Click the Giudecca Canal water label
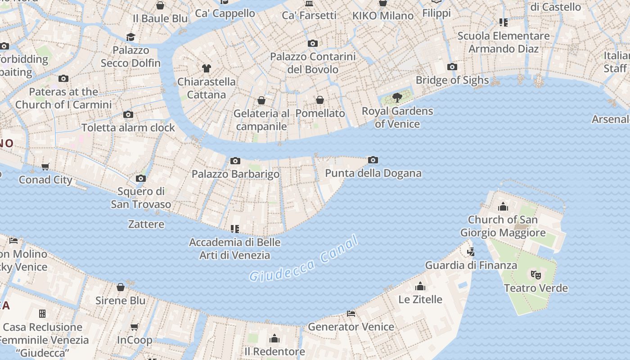coord(304,260)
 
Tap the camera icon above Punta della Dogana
coord(373,160)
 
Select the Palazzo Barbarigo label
coord(235,174)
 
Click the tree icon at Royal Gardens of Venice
coord(397,97)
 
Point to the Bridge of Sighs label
coord(452,80)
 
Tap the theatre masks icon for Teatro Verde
coord(535,274)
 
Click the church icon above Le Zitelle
coord(420,286)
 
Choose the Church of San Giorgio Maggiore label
coord(503,226)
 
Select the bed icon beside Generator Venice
coord(351,313)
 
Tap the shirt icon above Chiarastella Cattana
coord(206,68)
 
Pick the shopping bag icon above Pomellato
coord(320,100)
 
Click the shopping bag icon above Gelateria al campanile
coord(261,100)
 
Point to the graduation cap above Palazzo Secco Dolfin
coord(130,37)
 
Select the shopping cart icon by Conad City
coord(45,167)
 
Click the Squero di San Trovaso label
coord(141,198)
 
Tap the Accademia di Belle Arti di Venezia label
coord(234,249)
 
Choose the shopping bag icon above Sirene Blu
coord(121,287)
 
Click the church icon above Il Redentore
coord(274,338)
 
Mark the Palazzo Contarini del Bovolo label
coord(313,63)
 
